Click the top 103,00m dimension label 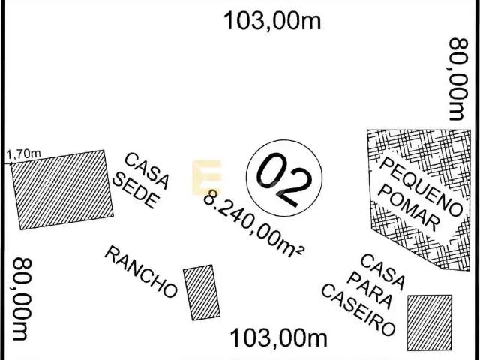[272, 21]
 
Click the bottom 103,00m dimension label [278, 338]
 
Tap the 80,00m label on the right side [458, 79]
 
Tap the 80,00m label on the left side [22, 299]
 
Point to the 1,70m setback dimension [23, 154]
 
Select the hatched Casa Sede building [62, 190]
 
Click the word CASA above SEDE [147, 171]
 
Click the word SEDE [136, 190]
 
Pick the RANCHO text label [141, 271]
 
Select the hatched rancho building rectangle [202, 292]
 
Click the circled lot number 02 [284, 178]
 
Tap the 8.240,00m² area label [253, 224]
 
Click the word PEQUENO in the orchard [421, 187]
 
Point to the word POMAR [409, 208]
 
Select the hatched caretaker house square [430, 322]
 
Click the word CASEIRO [358, 310]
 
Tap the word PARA [370, 290]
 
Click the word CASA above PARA [382, 272]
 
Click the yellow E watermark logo [207, 178]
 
